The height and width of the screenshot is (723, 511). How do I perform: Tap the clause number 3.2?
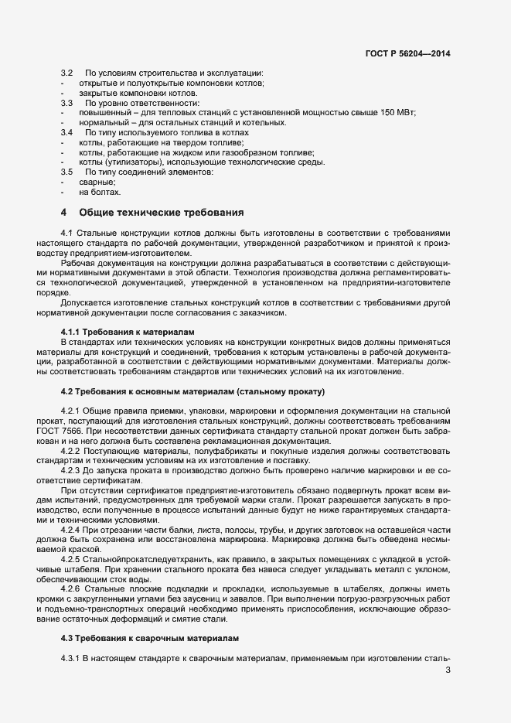pyautogui.click(x=66, y=73)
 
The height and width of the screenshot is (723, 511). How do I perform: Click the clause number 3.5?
pyautogui.click(x=66, y=172)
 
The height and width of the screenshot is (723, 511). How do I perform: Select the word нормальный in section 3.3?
pyautogui.click(x=104, y=122)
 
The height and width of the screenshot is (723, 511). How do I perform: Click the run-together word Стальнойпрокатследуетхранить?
pyautogui.click(x=156, y=558)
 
